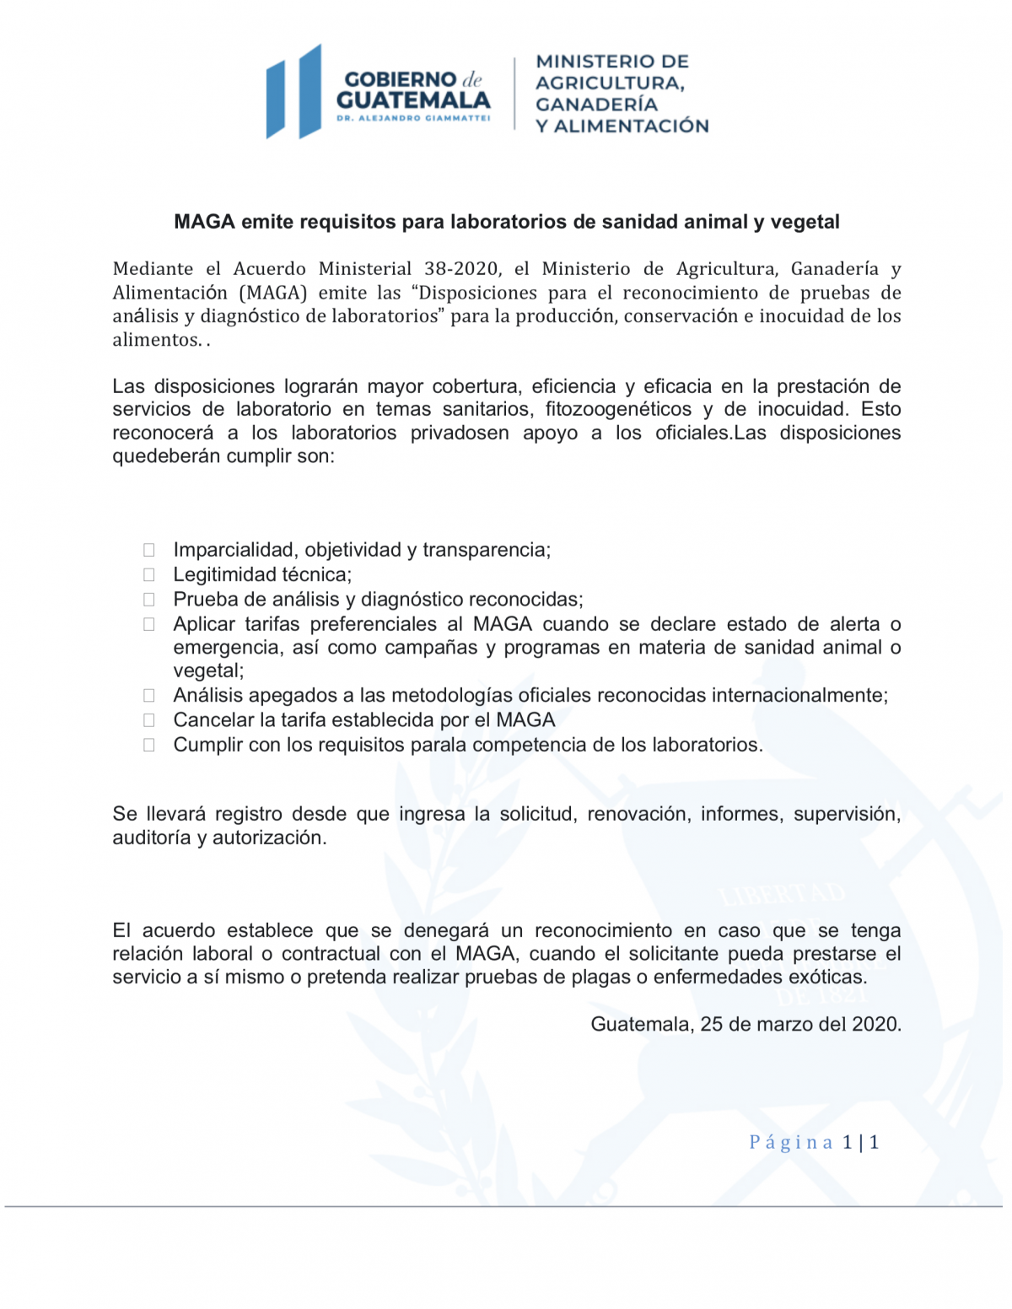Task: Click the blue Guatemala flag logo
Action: tap(293, 92)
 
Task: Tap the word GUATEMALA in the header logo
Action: tap(413, 100)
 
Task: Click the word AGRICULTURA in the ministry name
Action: tap(608, 83)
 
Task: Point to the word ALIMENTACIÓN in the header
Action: tap(631, 126)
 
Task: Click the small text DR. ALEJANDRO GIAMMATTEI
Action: tap(413, 118)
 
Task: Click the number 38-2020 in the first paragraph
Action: tap(461, 269)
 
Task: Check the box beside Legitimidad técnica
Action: tap(149, 575)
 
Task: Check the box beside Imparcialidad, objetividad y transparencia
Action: tap(149, 550)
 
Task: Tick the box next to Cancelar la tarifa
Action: tap(149, 720)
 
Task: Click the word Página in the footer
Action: tap(790, 1142)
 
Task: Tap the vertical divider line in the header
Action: tap(514, 93)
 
